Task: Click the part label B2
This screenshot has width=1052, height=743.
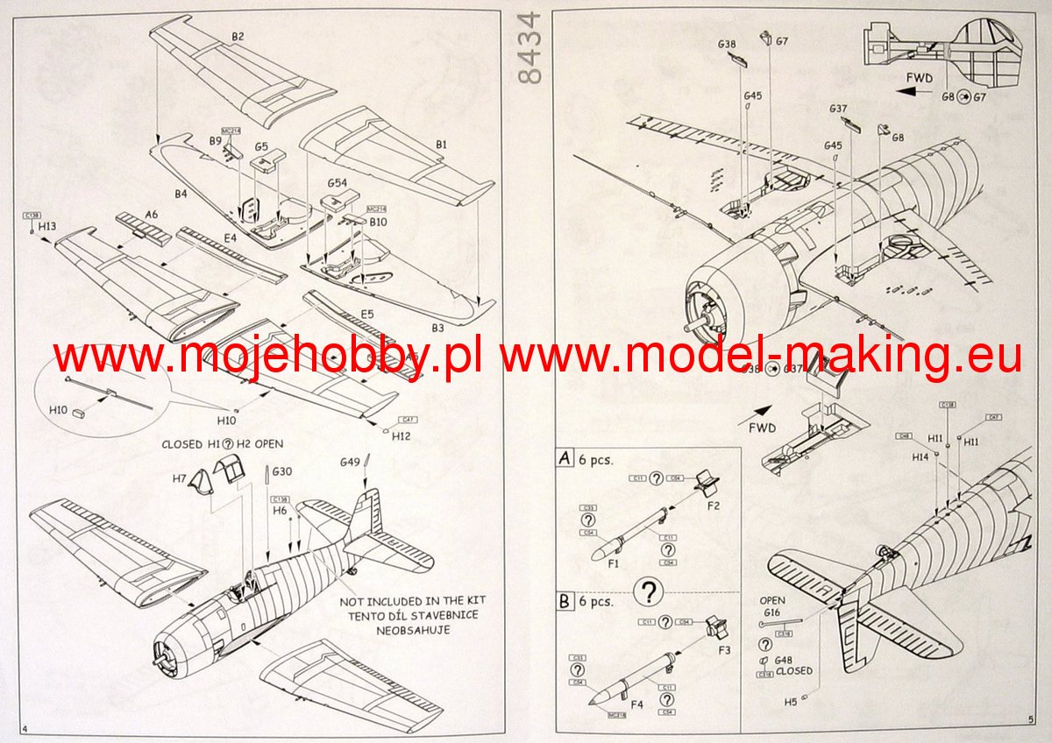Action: (x=238, y=36)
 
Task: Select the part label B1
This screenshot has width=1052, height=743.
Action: (x=441, y=143)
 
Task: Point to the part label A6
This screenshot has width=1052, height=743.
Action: (x=152, y=214)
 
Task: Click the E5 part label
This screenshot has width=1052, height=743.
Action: (x=366, y=313)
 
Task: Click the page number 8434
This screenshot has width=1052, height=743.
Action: (x=531, y=48)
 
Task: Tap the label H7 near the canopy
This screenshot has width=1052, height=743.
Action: (x=180, y=479)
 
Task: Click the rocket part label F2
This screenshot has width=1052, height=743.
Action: (x=714, y=506)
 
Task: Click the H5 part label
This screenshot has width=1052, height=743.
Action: (x=791, y=701)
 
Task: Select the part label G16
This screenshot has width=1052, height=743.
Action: (x=772, y=612)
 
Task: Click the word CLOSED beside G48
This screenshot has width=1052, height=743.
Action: (x=794, y=671)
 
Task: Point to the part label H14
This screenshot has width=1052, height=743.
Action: (x=920, y=457)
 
